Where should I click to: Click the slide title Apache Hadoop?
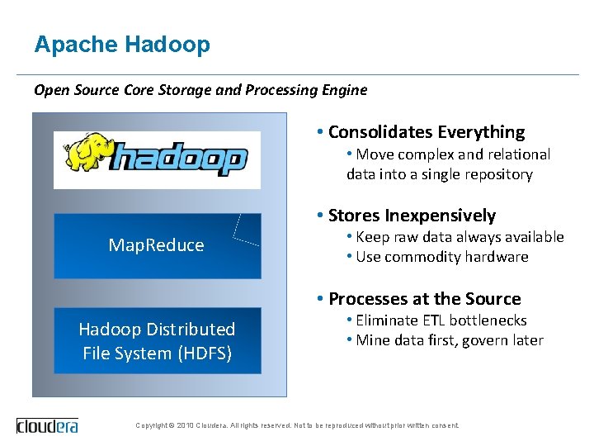tap(122, 45)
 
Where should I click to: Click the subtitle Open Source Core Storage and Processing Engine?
tap(200, 90)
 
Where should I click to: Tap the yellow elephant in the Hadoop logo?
tap(88, 156)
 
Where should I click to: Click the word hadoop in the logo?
tap(179, 159)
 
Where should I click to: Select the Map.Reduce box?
tap(157, 245)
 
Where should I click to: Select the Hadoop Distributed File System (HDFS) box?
tap(157, 340)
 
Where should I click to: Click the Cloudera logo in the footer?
tap(49, 426)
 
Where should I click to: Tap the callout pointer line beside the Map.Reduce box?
tap(239, 230)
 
